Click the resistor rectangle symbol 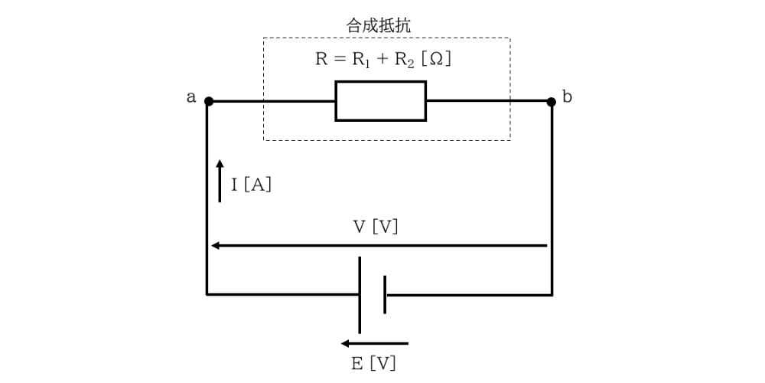pos(380,101)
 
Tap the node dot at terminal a pos(208,101)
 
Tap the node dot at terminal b pos(551,101)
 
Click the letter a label pos(190,97)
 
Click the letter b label pos(567,97)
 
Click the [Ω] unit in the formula pos(438,60)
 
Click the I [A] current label pos(252,185)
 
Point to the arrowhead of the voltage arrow pos(216,245)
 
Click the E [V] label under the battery pos(374,363)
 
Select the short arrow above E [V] pos(374,343)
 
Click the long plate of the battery pos(360,295)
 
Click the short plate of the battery pos(385,295)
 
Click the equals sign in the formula pos(338,60)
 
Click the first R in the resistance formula pos(321,60)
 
